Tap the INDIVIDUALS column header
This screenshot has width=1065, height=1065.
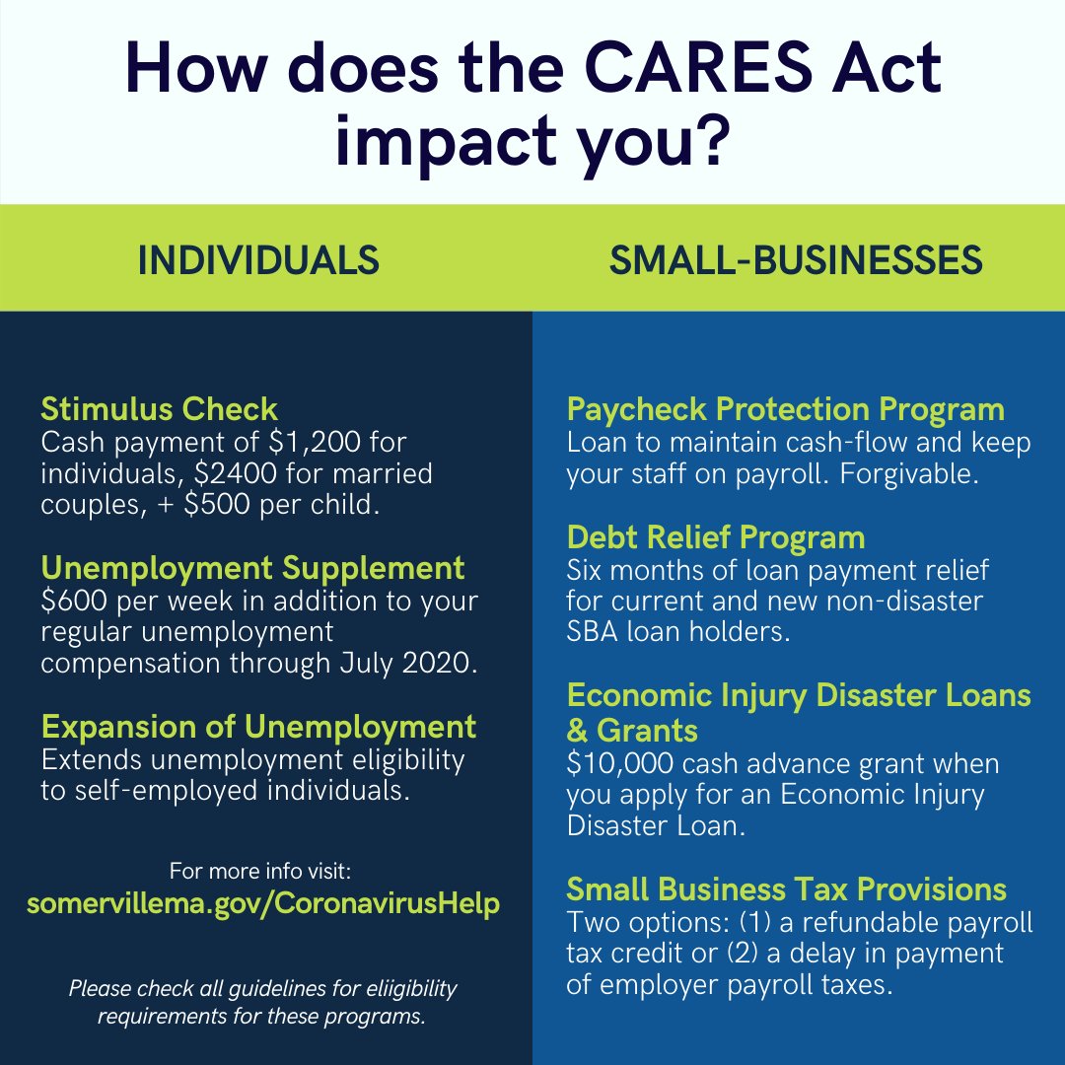click(258, 260)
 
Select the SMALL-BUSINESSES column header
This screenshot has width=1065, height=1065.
click(796, 260)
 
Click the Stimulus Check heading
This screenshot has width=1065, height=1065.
click(159, 409)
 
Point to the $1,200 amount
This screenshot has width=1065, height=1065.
click(315, 442)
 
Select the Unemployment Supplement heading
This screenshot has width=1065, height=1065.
click(252, 569)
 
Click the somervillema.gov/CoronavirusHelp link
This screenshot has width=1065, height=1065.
click(263, 904)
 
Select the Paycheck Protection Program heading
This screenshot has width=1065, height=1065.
click(786, 410)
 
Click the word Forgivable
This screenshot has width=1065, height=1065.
click(909, 474)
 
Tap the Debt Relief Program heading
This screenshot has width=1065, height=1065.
click(716, 538)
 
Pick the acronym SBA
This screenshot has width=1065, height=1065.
click(593, 632)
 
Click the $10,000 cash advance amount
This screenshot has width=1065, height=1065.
click(619, 763)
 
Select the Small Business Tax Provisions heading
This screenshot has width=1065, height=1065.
click(787, 889)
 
